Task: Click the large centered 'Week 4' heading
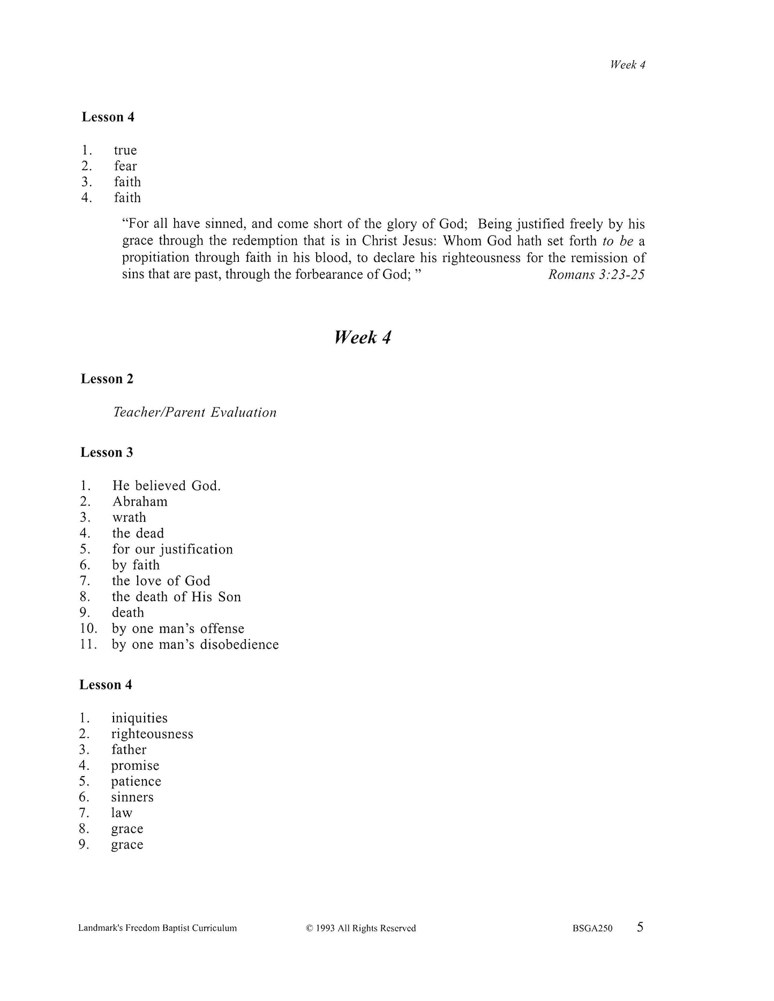pyautogui.click(x=363, y=338)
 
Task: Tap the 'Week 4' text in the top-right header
pyautogui.click(x=627, y=65)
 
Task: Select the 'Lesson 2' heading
pyautogui.click(x=107, y=379)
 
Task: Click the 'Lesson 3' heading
pyautogui.click(x=107, y=452)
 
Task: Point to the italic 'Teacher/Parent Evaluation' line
pyautogui.click(x=195, y=412)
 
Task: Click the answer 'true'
pyautogui.click(x=125, y=150)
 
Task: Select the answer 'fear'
pyautogui.click(x=125, y=166)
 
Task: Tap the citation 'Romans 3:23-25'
pyautogui.click(x=596, y=275)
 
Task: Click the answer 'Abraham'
pyautogui.click(x=140, y=502)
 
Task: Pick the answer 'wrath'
pyautogui.click(x=129, y=518)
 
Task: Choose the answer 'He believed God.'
pyautogui.click(x=167, y=486)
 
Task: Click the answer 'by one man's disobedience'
pyautogui.click(x=195, y=644)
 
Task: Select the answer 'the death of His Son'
pyautogui.click(x=176, y=597)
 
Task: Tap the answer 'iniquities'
pyautogui.click(x=139, y=718)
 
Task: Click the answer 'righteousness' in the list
pyautogui.click(x=152, y=734)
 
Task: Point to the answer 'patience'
pyautogui.click(x=136, y=782)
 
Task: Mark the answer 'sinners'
pyautogui.click(x=132, y=798)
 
